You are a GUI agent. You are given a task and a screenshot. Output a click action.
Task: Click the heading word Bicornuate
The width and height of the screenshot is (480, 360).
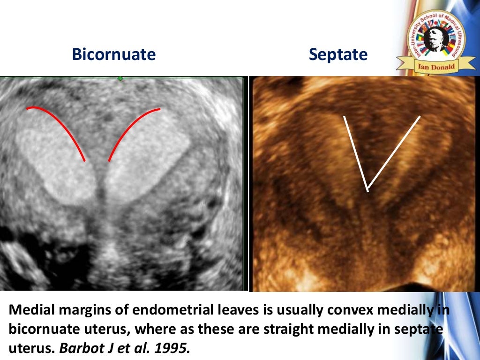point(113,55)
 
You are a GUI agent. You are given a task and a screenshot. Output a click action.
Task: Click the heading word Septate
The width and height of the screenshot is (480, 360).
point(338,55)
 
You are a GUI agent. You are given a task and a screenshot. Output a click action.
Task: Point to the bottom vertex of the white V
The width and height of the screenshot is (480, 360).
point(368,188)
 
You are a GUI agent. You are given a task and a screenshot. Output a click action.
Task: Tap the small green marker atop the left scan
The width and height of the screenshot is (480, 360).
point(120,78)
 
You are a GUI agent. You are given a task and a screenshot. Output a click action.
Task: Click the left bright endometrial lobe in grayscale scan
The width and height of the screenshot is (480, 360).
point(56,164)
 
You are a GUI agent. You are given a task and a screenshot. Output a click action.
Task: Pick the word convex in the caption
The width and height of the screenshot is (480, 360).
point(357,310)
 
